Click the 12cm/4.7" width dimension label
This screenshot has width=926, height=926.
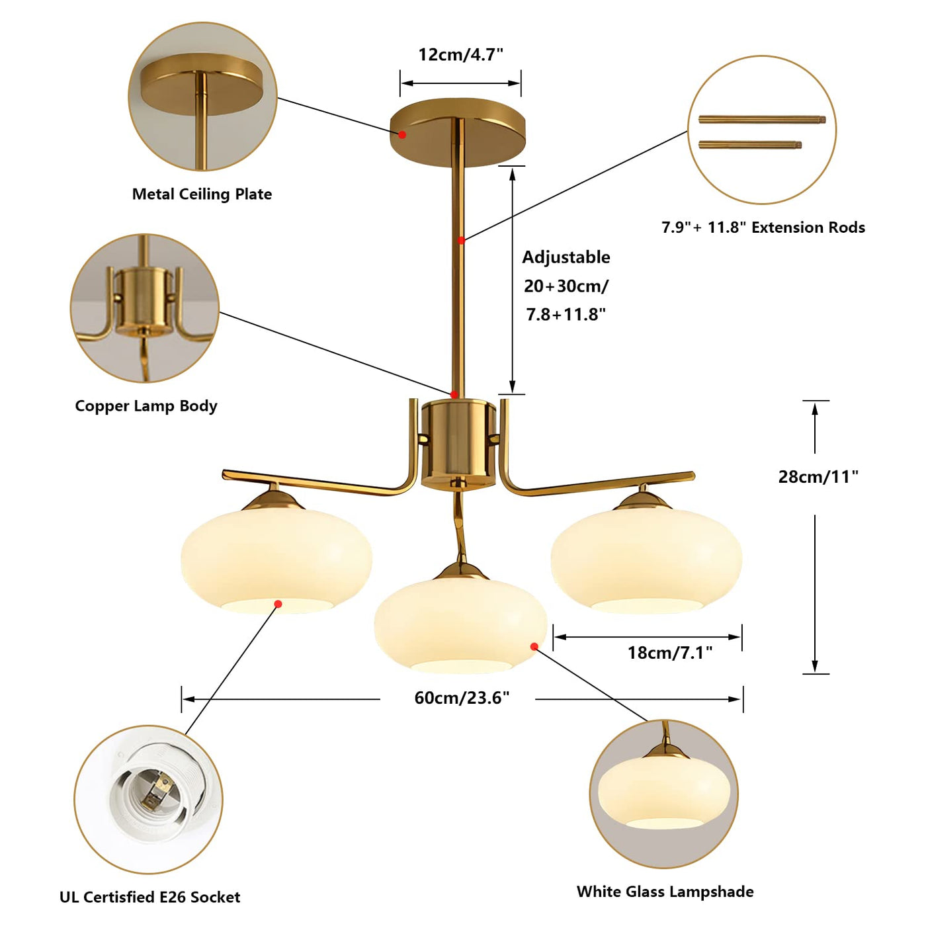[460, 55]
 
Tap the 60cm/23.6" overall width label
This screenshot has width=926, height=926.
[461, 698]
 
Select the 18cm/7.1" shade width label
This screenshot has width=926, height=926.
[670, 653]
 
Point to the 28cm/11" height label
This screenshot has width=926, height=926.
[818, 477]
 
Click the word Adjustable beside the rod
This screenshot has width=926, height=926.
[566, 257]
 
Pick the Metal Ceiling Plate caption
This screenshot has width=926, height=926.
[202, 194]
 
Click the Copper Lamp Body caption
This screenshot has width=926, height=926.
[146, 406]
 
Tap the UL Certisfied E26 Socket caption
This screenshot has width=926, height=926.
[150, 897]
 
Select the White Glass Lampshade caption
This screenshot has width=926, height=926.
[665, 892]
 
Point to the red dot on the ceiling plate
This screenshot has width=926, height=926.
[403, 134]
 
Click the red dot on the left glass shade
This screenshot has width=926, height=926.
[278, 604]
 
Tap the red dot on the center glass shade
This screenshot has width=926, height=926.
[534, 647]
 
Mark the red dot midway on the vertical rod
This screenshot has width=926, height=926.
[461, 240]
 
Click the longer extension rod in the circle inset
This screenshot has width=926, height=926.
[762, 119]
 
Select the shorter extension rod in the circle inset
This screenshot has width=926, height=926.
[749, 145]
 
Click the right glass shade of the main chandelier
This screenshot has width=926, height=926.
[646, 560]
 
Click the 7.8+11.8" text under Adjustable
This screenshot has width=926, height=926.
[566, 314]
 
